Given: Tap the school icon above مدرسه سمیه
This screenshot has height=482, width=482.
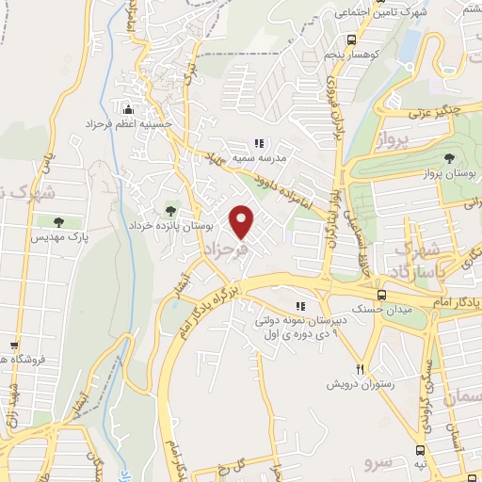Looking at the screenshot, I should pos(257,144).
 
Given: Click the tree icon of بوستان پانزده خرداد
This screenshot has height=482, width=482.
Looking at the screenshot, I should pos(170,211).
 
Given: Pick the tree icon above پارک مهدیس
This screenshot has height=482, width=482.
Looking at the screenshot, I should pos(59,223).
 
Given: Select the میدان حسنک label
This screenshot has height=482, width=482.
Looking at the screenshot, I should pos(349,309).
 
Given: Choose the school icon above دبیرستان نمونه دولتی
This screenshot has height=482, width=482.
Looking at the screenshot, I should pos(300,306).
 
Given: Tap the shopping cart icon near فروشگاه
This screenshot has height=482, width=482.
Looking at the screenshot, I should pos(13,345).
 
